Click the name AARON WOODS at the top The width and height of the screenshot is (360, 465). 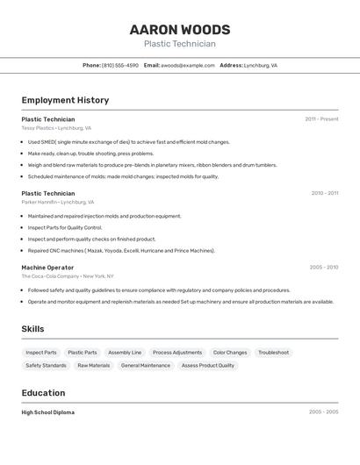[179, 30]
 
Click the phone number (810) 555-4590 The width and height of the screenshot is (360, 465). [119, 65]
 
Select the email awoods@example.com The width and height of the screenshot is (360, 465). [187, 65]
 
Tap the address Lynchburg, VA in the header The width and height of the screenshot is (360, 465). [261, 65]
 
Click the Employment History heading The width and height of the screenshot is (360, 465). [65, 100]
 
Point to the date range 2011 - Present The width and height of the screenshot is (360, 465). [321, 119]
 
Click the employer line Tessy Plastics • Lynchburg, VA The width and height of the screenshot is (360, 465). [56, 128]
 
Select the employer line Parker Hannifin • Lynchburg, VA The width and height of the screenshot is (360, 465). [58, 202]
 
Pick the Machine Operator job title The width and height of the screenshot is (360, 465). [47, 268]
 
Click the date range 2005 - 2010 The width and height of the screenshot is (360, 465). [323, 268]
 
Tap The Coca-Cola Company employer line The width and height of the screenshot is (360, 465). [68, 276]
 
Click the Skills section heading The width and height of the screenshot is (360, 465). [33, 329]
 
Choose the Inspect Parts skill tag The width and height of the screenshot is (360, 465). [41, 353]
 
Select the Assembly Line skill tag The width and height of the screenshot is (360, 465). [125, 353]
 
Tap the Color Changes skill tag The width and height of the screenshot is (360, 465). [230, 353]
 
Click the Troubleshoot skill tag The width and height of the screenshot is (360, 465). [274, 353]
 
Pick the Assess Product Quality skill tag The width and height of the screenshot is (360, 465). [208, 366]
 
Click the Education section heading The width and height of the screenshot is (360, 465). [43, 393]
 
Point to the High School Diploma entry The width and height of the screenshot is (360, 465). [47, 412]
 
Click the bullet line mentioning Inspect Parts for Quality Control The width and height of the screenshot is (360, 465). [65, 227]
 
